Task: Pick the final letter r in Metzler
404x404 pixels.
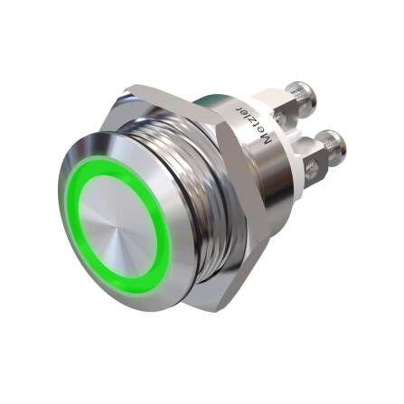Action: [240, 108]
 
